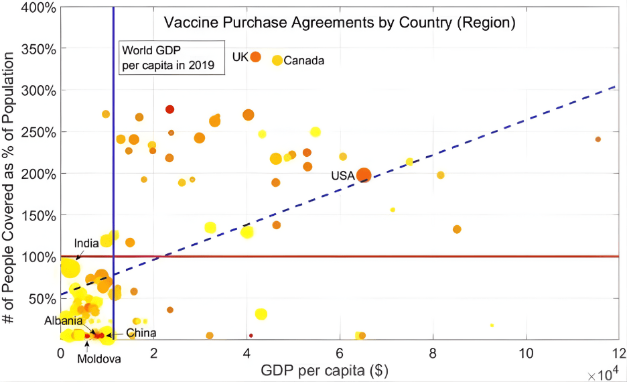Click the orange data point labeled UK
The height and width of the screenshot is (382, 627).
255,57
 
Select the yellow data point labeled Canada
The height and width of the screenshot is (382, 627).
277,60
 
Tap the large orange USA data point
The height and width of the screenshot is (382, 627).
363,176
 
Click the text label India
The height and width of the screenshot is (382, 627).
86,243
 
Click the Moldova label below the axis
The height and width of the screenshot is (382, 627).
99,359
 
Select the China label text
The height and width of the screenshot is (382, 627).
141,333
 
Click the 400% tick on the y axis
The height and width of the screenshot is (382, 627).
38,7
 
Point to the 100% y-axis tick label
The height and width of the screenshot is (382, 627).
38,257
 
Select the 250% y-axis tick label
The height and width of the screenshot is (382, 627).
38,132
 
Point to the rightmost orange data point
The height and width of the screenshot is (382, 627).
598,139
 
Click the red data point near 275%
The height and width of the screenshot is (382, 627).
169,109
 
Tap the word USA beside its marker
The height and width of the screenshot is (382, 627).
342,176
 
